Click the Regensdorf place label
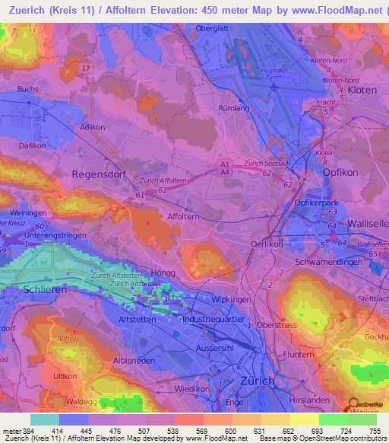pyautogui.click(x=97, y=174)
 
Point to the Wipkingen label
pyautogui.click(x=232, y=299)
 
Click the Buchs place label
pyautogui.click(x=27, y=89)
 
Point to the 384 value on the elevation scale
pyautogui.click(x=28, y=431)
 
